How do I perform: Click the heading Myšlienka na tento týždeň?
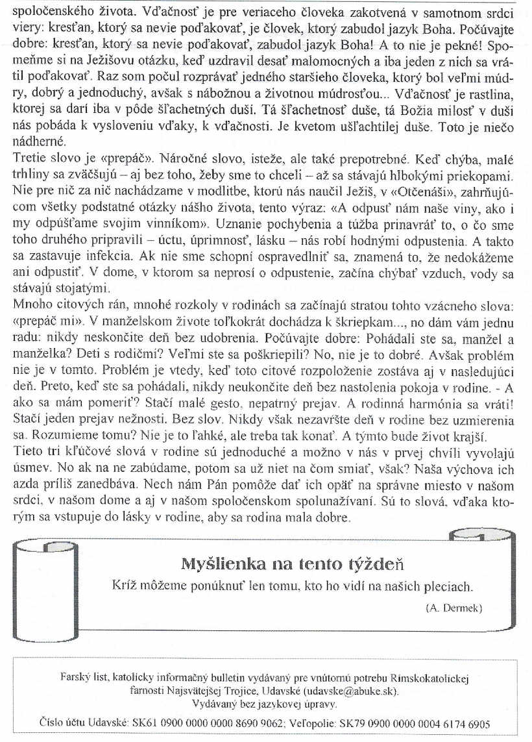[x=292, y=562]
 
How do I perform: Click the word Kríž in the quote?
[x=125, y=585]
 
